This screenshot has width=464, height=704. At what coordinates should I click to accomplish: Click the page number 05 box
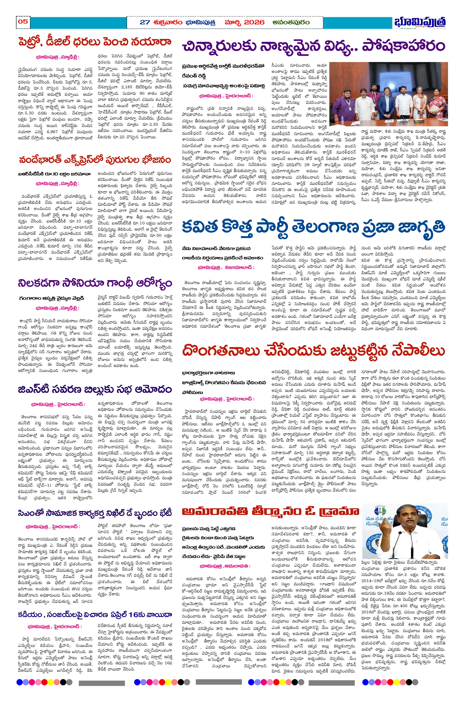23,22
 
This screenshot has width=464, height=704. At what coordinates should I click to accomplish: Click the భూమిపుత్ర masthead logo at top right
420,22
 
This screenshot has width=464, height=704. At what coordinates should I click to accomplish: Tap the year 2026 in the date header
250,22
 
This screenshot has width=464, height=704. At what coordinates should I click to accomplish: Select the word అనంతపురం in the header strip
291,22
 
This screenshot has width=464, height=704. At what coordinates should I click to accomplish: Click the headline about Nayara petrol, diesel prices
95,42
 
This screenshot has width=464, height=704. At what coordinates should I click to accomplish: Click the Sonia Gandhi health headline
95,283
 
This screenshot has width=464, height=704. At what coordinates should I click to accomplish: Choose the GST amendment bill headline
95,389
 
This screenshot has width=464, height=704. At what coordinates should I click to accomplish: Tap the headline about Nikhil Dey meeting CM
95,513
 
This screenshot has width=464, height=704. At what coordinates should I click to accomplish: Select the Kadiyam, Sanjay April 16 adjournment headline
95,615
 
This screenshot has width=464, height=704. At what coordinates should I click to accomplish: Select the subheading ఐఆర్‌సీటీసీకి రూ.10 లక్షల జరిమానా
54,174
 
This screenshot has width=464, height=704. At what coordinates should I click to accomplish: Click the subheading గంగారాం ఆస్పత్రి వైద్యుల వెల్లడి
52,298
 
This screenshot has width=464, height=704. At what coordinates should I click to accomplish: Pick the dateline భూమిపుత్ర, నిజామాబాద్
226,267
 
